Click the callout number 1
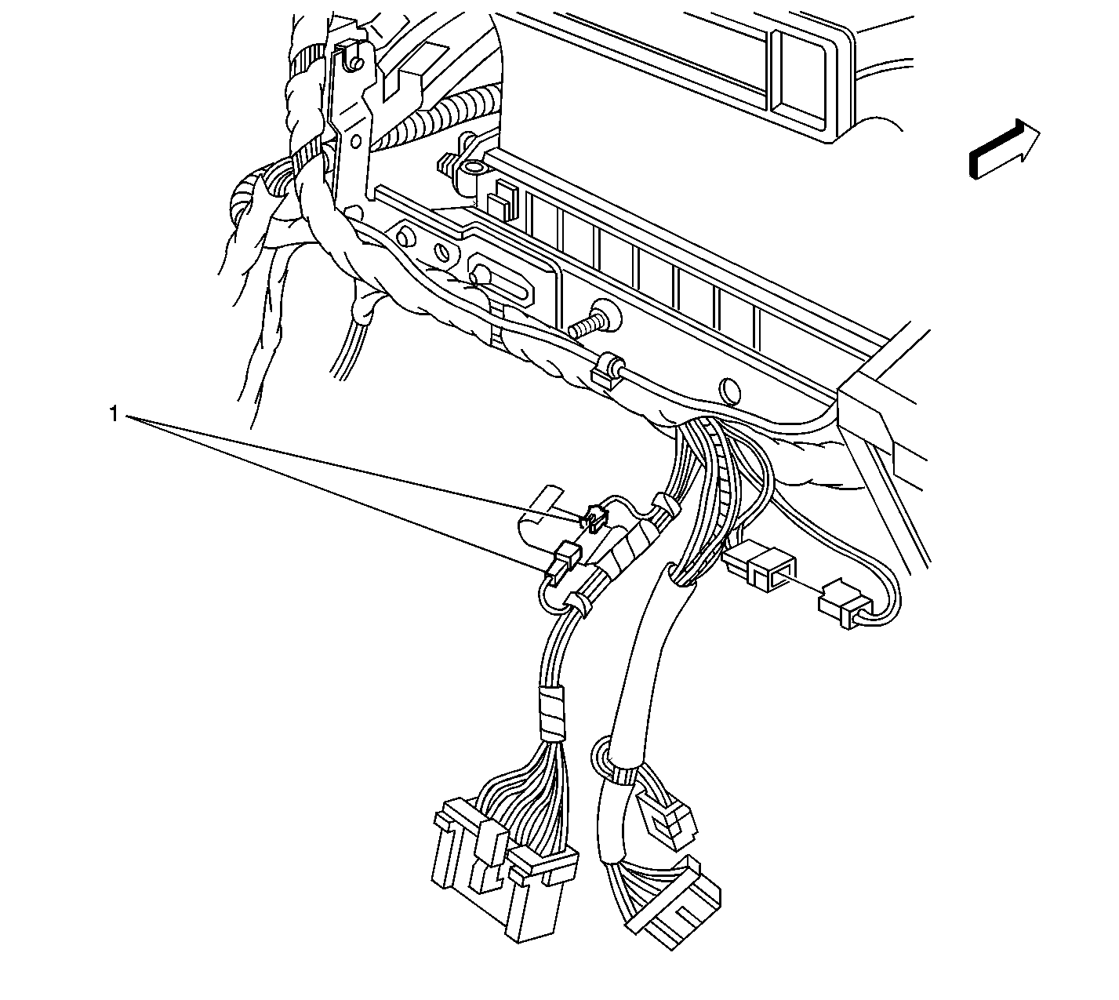114,413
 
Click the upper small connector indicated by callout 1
594,518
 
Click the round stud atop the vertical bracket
357,64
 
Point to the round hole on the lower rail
729,391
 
